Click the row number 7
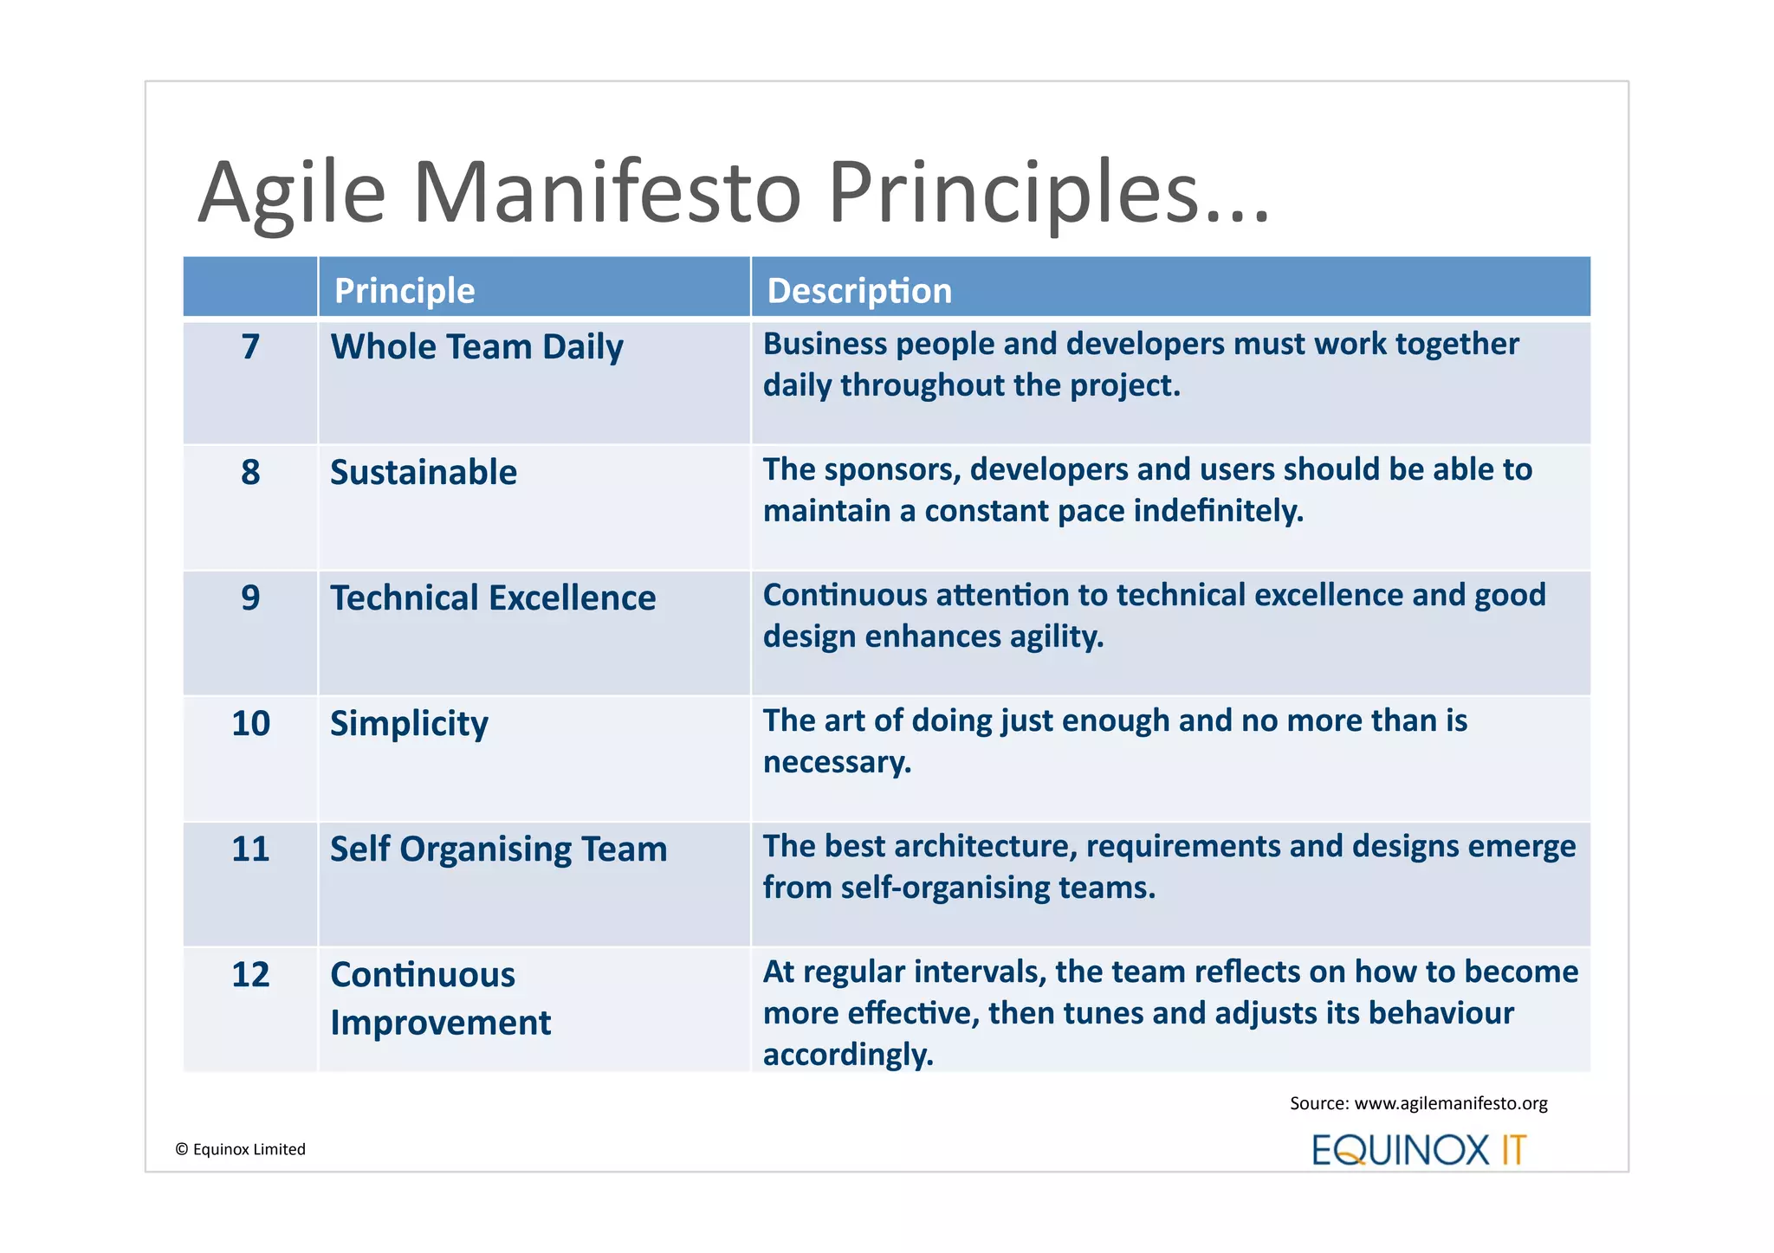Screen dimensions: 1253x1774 click(250, 347)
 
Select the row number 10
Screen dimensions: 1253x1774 click(250, 724)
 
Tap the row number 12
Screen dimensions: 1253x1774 click(250, 975)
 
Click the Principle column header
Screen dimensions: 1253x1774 click(405, 291)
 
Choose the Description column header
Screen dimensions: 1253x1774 click(859, 291)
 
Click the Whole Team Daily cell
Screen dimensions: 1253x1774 click(476, 347)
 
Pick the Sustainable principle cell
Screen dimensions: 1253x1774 click(424, 473)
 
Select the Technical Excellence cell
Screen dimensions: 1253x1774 click(493, 598)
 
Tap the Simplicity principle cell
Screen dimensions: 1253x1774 click(409, 724)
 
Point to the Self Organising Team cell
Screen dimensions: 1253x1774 click(498, 849)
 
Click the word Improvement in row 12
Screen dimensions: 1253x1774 click(440, 1024)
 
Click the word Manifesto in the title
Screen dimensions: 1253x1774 click(607, 192)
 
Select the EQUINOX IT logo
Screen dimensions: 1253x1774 click(1419, 1150)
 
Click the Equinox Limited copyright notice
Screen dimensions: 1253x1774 click(241, 1149)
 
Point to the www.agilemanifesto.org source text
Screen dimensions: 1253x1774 click(1450, 1103)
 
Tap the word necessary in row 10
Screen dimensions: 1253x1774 click(837, 762)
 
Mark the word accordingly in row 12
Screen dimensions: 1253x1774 click(848, 1055)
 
